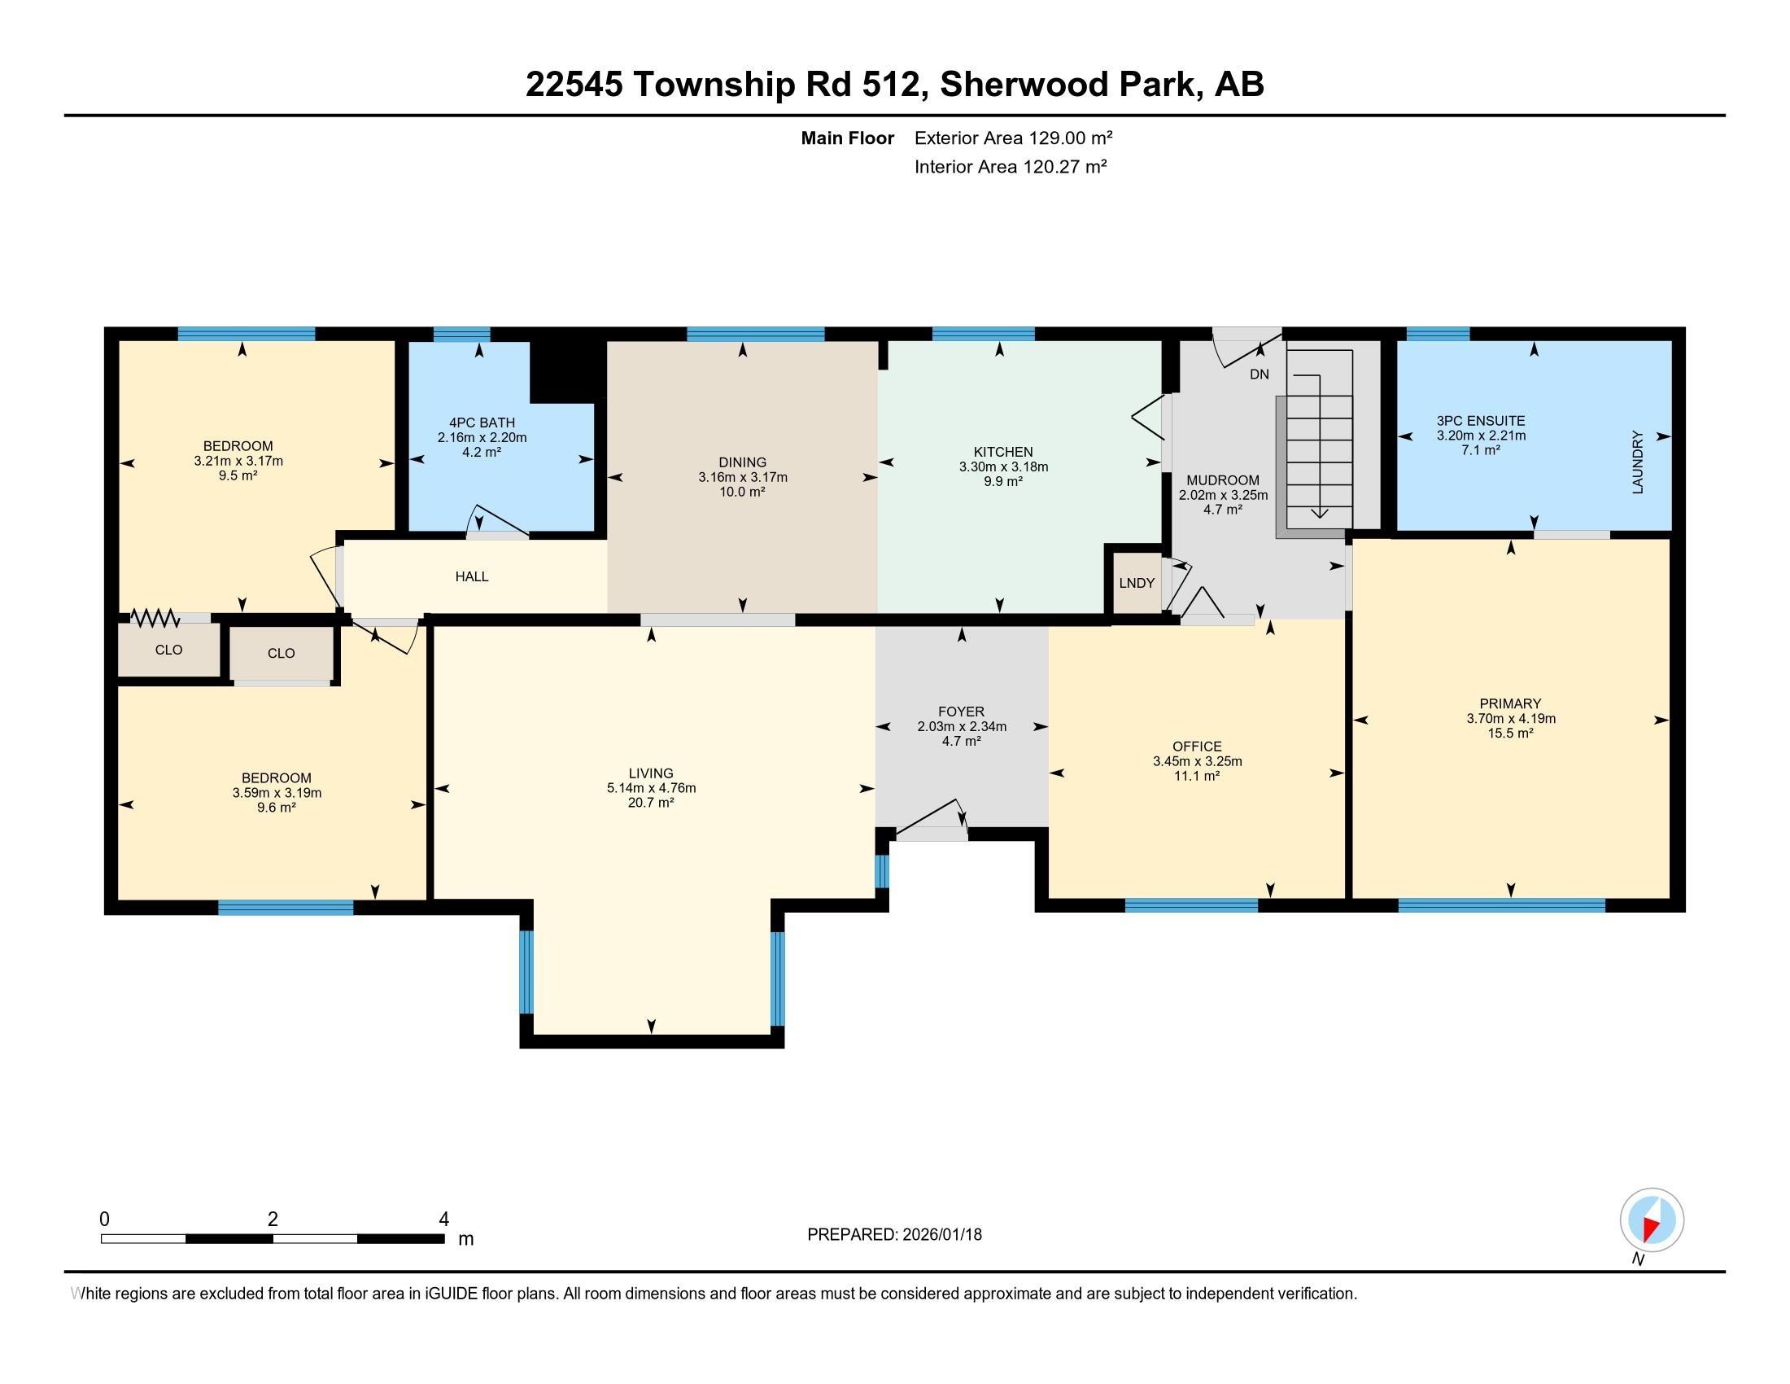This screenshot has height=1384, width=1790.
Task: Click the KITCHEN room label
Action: tap(1002, 452)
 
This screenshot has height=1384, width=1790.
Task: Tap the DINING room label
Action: tap(742, 462)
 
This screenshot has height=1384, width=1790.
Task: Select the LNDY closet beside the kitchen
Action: tap(1136, 583)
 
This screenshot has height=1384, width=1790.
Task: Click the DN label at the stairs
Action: tap(1259, 374)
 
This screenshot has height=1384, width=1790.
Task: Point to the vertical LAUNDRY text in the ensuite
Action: tap(1638, 462)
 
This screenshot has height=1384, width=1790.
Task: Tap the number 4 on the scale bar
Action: tap(443, 1220)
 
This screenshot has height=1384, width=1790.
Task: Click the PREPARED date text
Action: tap(893, 1235)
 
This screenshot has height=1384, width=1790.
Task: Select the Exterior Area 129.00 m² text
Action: tap(1013, 138)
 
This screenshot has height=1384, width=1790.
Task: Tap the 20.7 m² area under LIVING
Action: tap(651, 803)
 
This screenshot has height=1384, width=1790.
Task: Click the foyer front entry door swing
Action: tap(930, 820)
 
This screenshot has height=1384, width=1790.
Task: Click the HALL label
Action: tap(471, 576)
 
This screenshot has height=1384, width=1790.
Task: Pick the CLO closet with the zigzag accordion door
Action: tap(169, 650)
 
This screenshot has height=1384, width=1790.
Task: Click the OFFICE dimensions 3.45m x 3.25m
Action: tap(1197, 761)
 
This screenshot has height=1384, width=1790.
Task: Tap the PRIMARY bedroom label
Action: tap(1509, 703)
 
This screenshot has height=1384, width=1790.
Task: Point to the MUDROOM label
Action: tap(1222, 480)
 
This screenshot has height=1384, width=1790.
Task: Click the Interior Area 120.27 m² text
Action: tap(1010, 167)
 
